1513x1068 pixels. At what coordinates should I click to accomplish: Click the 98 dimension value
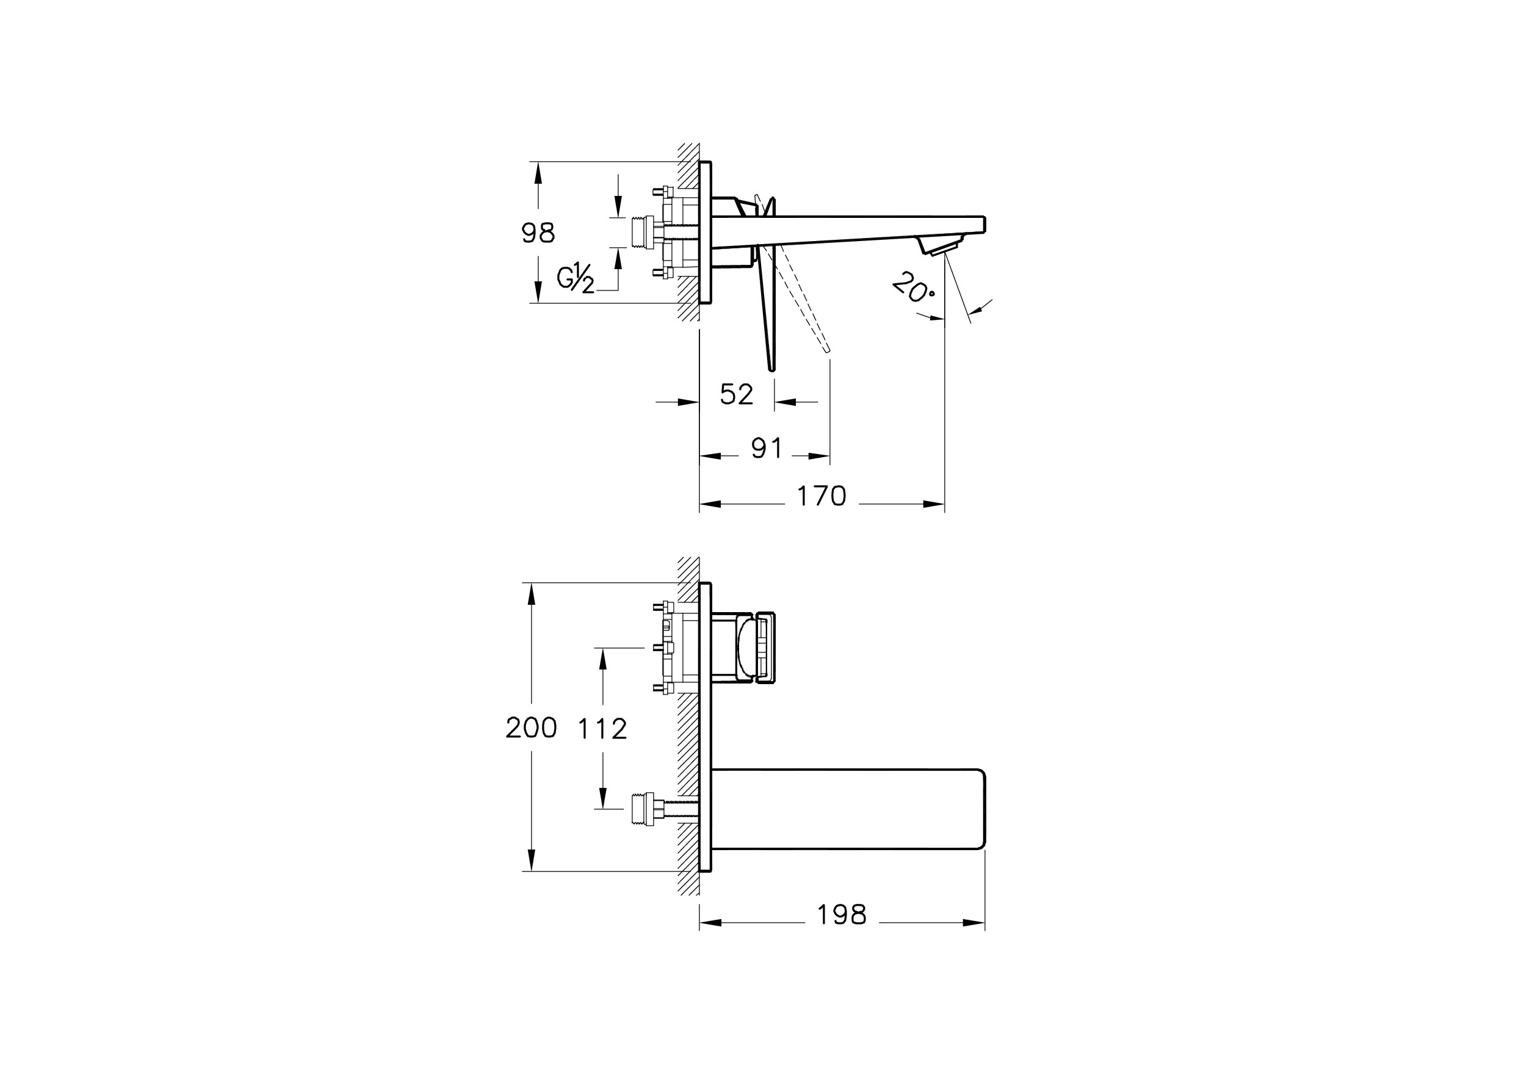(538, 233)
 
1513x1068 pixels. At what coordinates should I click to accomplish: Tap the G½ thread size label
(576, 278)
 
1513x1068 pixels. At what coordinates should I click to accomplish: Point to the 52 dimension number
(736, 394)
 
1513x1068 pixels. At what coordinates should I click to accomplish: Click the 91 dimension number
(767, 449)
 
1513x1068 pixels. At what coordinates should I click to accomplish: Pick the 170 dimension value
(821, 496)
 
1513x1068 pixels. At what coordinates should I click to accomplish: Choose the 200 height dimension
(531, 728)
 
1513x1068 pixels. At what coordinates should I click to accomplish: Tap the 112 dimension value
(602, 729)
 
